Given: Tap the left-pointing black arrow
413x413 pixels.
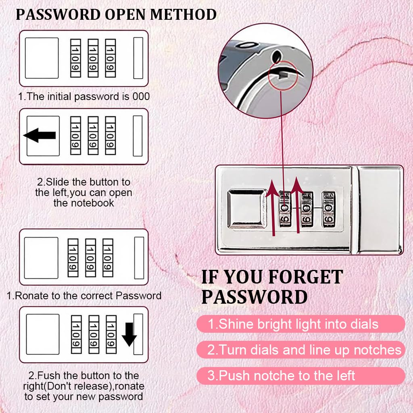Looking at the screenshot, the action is [40, 136].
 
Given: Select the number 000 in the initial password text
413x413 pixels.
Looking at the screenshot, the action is [141, 96].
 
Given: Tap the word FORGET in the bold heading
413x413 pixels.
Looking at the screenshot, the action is [306, 277].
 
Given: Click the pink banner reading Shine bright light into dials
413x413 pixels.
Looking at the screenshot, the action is [300, 324].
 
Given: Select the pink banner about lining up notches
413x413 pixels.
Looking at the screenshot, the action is [300, 350].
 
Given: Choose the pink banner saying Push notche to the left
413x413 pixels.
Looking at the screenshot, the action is [300, 375].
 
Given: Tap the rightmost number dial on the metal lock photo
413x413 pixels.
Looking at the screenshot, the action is [328, 209].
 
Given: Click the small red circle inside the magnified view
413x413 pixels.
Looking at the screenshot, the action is [283, 75].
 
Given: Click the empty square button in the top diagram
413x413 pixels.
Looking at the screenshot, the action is [42, 58].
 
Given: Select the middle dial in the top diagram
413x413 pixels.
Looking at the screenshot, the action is [93, 58].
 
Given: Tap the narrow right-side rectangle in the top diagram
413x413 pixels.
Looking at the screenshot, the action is [138, 58].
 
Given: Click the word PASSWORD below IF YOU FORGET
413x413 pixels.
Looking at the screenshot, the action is [254, 297].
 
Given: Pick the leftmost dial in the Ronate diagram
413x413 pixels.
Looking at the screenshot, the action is [73, 258].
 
